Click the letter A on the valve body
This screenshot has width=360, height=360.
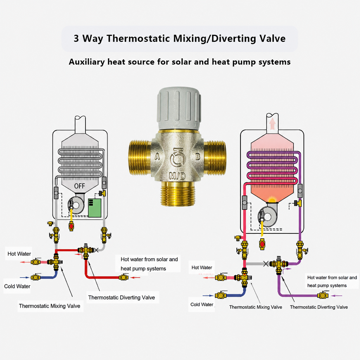pos(157,156)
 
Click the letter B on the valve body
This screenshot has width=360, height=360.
pos(198,156)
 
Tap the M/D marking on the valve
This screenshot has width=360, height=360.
pos(177,176)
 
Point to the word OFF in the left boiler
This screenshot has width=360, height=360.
pos(79,186)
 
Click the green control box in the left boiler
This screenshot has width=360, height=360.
pos(95,208)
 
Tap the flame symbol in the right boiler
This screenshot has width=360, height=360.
pos(272,199)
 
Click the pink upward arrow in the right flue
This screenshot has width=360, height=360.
pos(272,124)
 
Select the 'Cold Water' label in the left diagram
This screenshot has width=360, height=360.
pos(17,286)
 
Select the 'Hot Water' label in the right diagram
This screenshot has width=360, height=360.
pos(202,268)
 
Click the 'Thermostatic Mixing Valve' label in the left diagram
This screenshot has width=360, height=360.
pos(50,306)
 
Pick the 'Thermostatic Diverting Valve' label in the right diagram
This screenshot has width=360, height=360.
pos(319,307)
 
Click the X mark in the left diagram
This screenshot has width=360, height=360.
pos(96,250)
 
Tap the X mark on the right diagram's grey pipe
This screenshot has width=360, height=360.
pos(266,264)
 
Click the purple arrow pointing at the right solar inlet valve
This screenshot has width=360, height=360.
pos(337,296)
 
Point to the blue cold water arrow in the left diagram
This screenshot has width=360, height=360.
pos(24,278)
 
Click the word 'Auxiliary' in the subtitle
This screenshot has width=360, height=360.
pos(87,62)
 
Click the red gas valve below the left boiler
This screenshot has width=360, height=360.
pos(71,226)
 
